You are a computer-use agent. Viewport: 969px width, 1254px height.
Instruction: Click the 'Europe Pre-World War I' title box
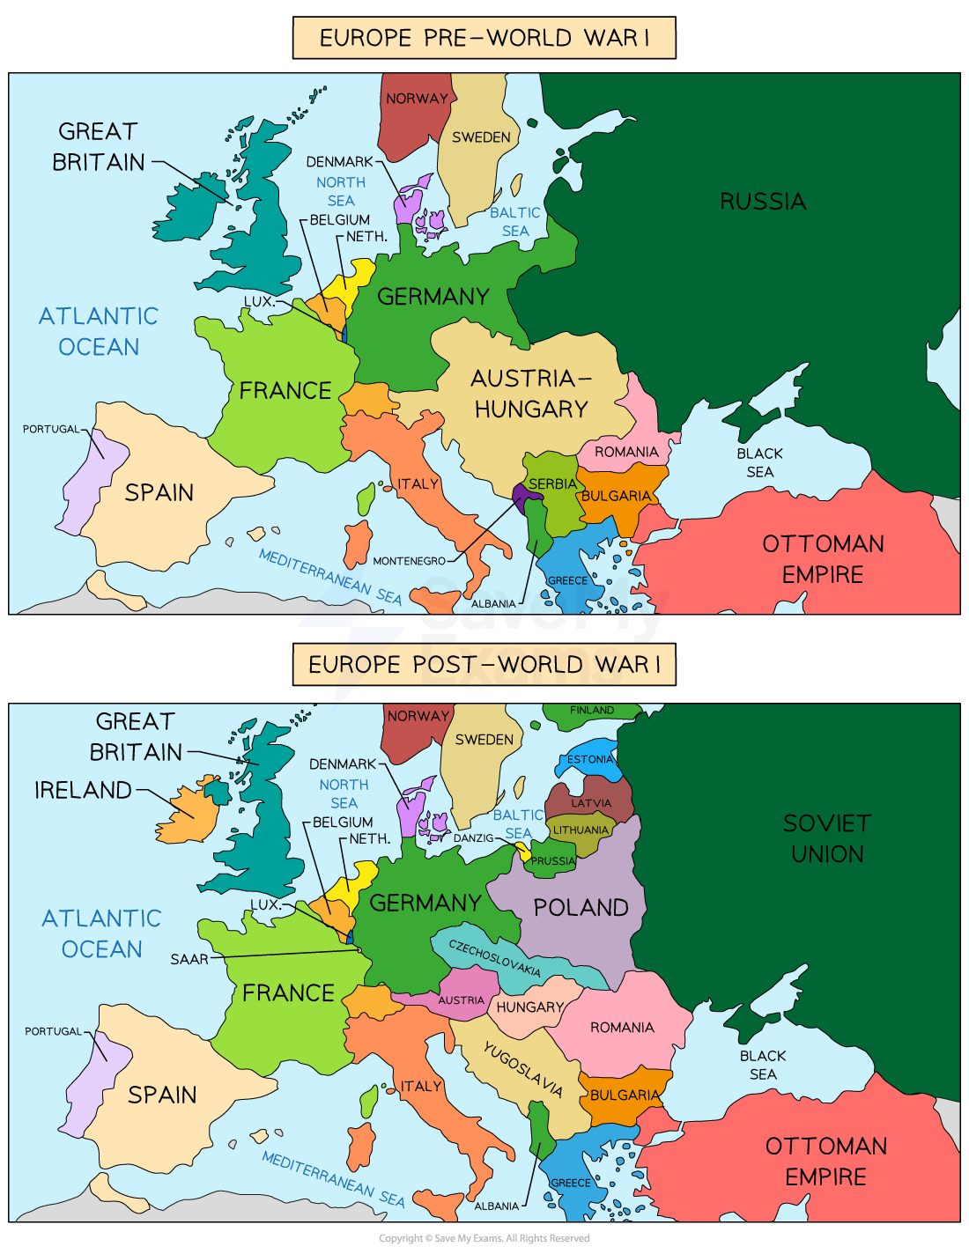(x=484, y=38)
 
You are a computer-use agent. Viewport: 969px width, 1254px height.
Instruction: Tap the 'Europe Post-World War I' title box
(x=484, y=664)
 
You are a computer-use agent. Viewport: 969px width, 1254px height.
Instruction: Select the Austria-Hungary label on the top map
(x=530, y=394)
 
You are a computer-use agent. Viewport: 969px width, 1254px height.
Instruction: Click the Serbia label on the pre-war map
(x=552, y=484)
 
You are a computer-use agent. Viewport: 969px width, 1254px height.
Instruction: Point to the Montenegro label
(x=409, y=561)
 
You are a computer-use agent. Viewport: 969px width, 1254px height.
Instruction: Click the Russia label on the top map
(x=763, y=202)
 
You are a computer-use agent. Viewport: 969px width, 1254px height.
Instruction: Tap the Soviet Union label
(x=826, y=838)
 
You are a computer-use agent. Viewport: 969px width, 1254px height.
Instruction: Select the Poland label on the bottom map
(x=581, y=908)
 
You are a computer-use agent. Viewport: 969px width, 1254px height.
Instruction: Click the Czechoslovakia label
(x=494, y=958)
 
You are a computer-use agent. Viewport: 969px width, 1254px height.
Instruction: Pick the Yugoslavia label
(x=522, y=1069)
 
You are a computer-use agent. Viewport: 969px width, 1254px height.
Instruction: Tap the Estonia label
(x=589, y=759)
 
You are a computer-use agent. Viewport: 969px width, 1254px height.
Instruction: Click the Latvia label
(x=590, y=803)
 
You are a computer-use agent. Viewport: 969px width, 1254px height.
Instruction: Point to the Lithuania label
(x=580, y=830)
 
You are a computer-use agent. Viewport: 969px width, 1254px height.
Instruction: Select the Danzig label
(x=473, y=838)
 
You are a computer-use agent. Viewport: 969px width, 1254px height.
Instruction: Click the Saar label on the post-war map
(x=189, y=959)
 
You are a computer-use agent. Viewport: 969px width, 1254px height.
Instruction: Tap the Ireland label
(x=83, y=790)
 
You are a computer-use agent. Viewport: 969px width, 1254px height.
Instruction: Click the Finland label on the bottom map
(x=591, y=710)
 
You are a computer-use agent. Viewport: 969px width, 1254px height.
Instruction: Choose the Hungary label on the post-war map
(x=529, y=1007)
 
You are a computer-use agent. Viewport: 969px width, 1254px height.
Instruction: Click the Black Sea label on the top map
(x=759, y=462)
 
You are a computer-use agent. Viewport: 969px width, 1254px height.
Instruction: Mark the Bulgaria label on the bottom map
(x=625, y=1095)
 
